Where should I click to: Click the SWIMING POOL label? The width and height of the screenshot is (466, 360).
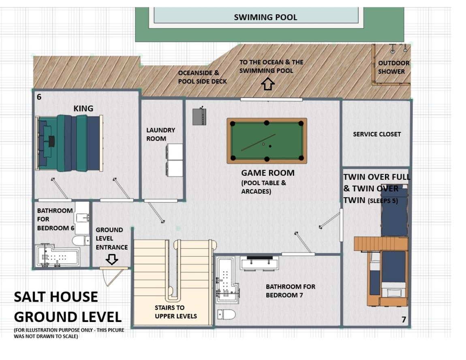point(265,17)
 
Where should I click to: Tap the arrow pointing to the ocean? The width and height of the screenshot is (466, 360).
point(268,84)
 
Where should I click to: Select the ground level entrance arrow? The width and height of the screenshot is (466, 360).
point(112,259)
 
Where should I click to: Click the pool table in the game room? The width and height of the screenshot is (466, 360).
point(267,141)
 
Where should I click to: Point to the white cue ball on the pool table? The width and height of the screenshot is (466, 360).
point(263,144)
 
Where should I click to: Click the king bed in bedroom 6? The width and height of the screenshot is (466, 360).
point(69,143)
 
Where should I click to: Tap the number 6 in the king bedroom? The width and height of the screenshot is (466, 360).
point(39,97)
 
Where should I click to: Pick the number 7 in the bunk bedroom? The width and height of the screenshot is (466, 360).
point(404,320)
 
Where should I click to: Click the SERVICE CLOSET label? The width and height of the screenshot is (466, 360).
point(377,134)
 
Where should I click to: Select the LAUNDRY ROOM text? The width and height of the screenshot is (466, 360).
point(160,134)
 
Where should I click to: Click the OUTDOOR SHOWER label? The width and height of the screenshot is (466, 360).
point(393,68)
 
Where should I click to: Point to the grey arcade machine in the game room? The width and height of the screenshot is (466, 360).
point(199,116)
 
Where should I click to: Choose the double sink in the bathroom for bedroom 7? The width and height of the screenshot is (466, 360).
point(260,263)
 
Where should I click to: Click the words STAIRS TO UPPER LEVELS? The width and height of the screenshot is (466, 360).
point(175,312)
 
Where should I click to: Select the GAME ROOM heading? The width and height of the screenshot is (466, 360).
point(268,173)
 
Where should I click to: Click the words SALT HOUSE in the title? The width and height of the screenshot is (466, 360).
point(56,297)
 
